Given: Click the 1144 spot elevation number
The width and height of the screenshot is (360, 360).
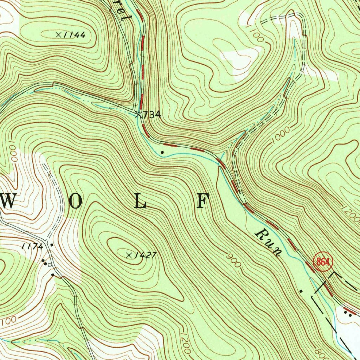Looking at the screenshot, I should tap(75, 35).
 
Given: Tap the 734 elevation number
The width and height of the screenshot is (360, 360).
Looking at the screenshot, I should tap(152, 115).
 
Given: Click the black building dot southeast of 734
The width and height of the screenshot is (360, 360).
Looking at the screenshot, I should tap(162, 152).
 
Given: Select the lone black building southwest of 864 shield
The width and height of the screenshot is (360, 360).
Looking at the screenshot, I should tap(301, 291).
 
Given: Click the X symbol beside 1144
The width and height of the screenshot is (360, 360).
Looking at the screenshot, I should tap(59, 34).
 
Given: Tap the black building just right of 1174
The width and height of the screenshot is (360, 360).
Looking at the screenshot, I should tap(52, 245).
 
